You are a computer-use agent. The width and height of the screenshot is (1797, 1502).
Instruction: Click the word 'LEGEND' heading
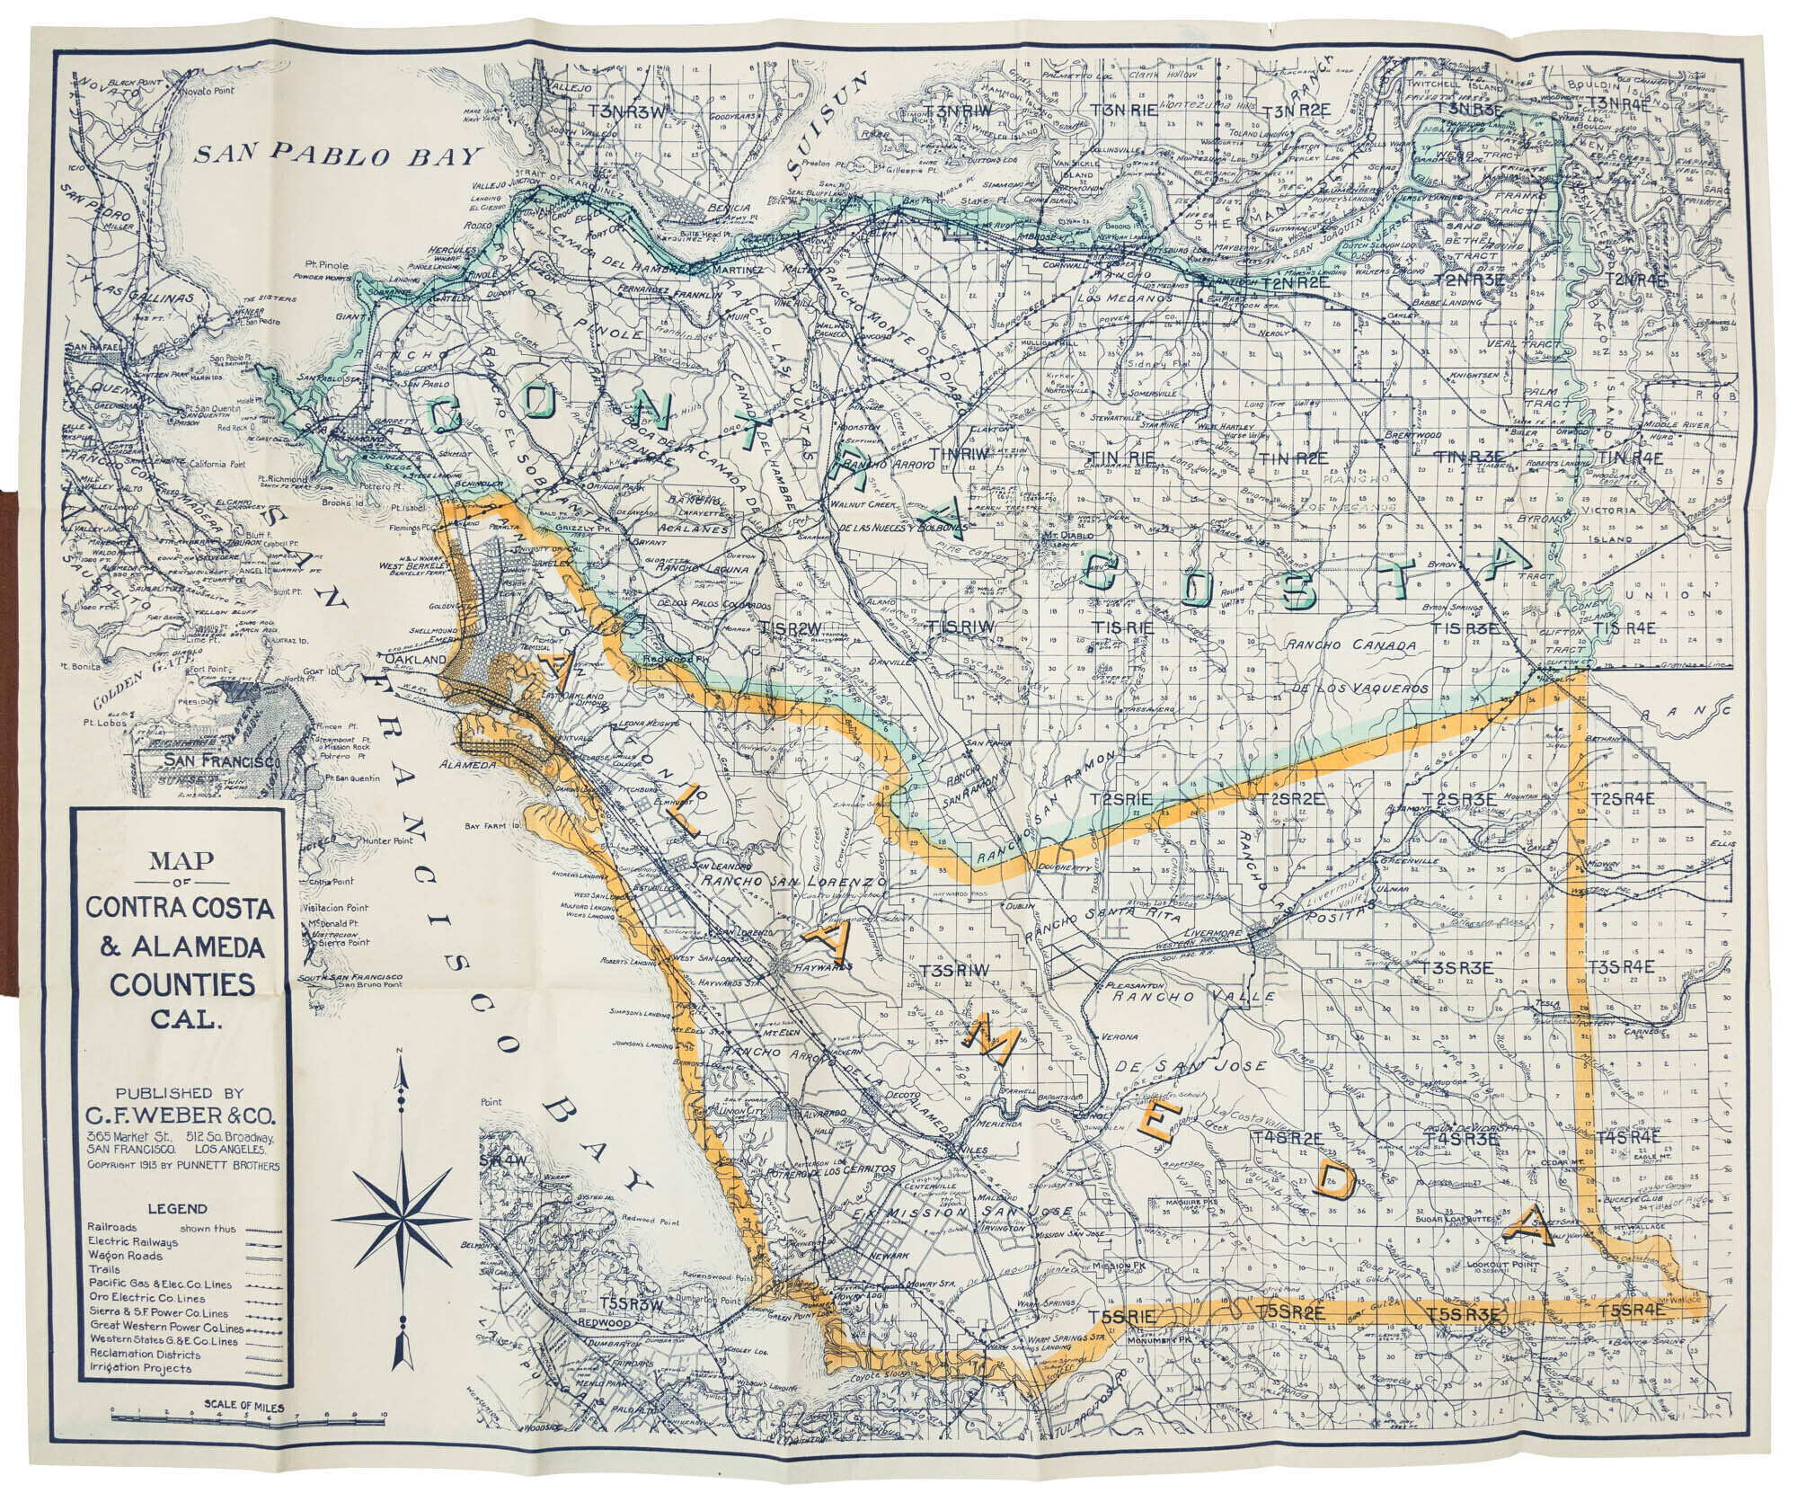click(181, 1209)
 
